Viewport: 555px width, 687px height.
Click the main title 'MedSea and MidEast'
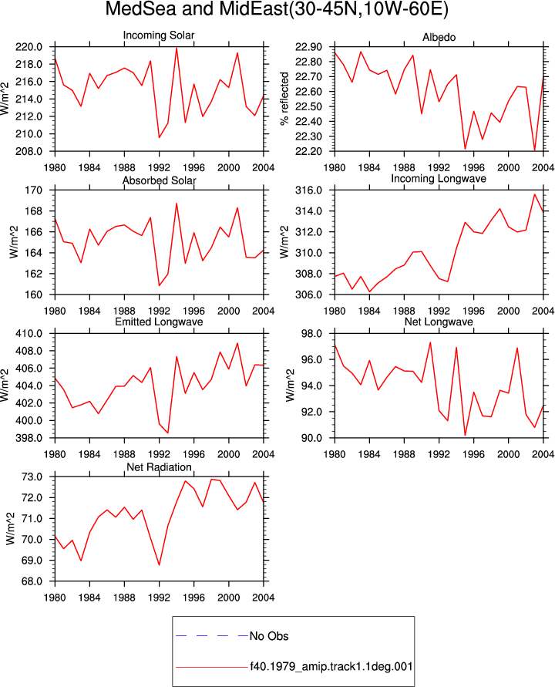[x=196, y=8]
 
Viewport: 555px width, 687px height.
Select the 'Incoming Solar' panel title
[x=159, y=35]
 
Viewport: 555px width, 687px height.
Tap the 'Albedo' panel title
[x=439, y=37]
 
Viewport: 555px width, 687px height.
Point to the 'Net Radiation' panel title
[x=159, y=467]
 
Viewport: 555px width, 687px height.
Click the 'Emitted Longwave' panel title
[x=159, y=322]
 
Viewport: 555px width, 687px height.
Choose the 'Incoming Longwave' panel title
[x=439, y=179]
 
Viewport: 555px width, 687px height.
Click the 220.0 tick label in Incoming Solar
[x=29, y=47]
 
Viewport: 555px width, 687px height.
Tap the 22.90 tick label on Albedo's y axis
[x=308, y=47]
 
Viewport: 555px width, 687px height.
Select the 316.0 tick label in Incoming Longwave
[x=309, y=190]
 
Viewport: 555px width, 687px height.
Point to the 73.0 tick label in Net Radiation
[x=32, y=477]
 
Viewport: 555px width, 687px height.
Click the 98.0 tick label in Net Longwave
[x=312, y=333]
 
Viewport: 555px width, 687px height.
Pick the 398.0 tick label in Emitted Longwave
[x=29, y=438]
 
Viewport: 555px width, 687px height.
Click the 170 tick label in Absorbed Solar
[x=34, y=190]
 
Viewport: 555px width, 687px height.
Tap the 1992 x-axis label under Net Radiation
[x=159, y=598]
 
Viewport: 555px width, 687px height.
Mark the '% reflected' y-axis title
[x=284, y=99]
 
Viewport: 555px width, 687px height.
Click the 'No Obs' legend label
[x=269, y=636]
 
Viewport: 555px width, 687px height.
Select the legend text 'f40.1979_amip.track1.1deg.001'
[x=331, y=667]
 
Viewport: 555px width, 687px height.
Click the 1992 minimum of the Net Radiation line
[x=159, y=565]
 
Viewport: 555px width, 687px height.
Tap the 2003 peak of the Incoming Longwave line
[x=534, y=194]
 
